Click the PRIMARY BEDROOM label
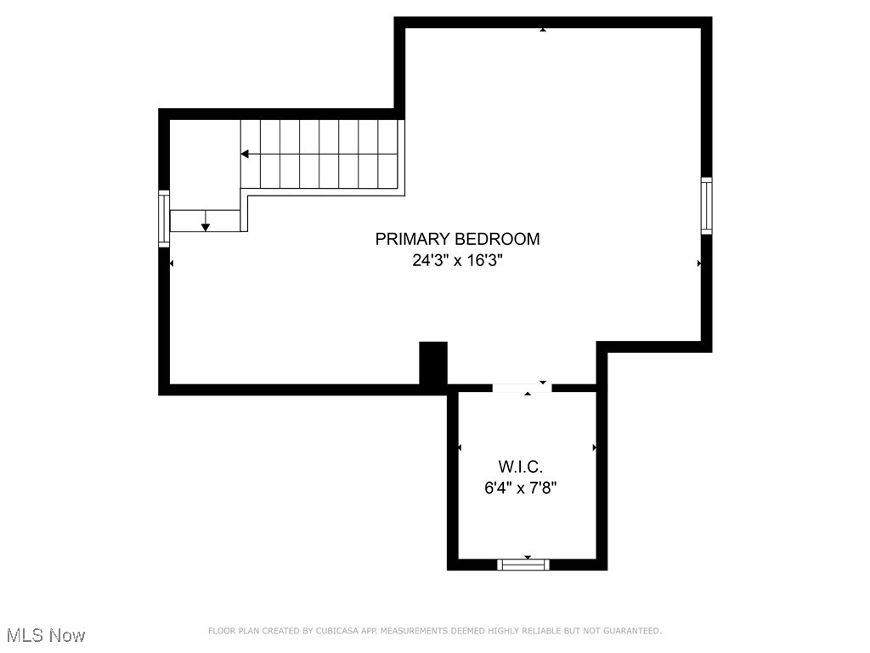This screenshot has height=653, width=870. pyautogui.click(x=457, y=239)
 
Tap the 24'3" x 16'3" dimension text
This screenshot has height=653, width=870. pyautogui.click(x=457, y=261)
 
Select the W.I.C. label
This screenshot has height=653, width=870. pyautogui.click(x=520, y=466)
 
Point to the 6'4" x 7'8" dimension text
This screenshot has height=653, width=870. pyautogui.click(x=520, y=488)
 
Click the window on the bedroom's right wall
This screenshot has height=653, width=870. pyautogui.click(x=706, y=205)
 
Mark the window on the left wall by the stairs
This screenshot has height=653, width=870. pyautogui.click(x=164, y=219)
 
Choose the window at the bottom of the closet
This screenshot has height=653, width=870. pyautogui.click(x=523, y=564)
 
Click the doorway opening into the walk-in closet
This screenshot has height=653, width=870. pyautogui.click(x=522, y=388)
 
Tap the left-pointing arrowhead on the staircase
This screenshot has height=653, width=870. pyautogui.click(x=245, y=154)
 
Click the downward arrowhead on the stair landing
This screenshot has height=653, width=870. pyautogui.click(x=206, y=226)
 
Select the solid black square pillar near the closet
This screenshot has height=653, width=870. pyautogui.click(x=433, y=365)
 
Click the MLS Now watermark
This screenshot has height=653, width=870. pyautogui.click(x=46, y=635)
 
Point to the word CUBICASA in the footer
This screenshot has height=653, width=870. pyautogui.click(x=334, y=631)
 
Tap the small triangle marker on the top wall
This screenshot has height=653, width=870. pyautogui.click(x=543, y=30)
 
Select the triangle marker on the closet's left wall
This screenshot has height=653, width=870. pyautogui.click(x=460, y=447)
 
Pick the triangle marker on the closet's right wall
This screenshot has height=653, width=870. pyautogui.click(x=594, y=447)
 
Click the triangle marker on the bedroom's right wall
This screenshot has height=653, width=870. pyautogui.click(x=699, y=264)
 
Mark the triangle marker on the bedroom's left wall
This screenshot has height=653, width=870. pyautogui.click(x=172, y=264)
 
